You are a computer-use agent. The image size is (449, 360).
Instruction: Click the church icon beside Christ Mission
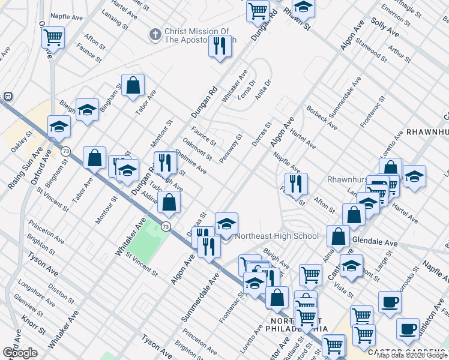(155, 35)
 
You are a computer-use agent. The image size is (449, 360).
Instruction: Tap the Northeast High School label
(277, 236)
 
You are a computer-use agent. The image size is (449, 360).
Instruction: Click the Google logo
(20, 353)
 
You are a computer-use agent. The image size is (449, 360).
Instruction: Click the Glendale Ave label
(375, 242)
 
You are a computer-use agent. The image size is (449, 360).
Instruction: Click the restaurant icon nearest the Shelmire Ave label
(164, 162)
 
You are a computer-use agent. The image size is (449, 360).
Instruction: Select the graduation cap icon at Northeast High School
(226, 223)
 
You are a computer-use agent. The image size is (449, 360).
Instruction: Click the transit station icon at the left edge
(8, 96)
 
